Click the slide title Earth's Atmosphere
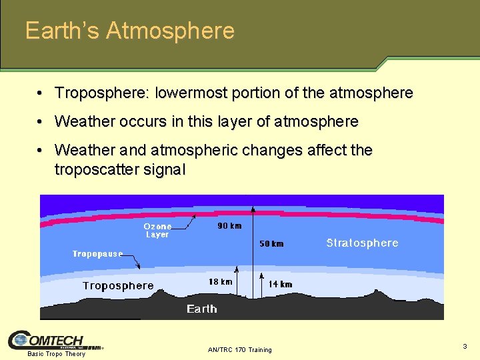point(130,31)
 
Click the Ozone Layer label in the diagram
point(157,231)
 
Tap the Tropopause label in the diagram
point(97,254)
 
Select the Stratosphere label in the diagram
point(362,243)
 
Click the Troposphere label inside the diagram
point(118,286)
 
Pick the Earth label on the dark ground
point(201,309)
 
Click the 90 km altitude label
point(230,226)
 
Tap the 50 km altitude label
point(271,244)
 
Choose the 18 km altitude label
point(221,282)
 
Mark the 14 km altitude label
point(280,284)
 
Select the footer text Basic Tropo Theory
point(56,354)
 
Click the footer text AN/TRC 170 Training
point(240,349)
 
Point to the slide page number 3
point(465,346)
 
